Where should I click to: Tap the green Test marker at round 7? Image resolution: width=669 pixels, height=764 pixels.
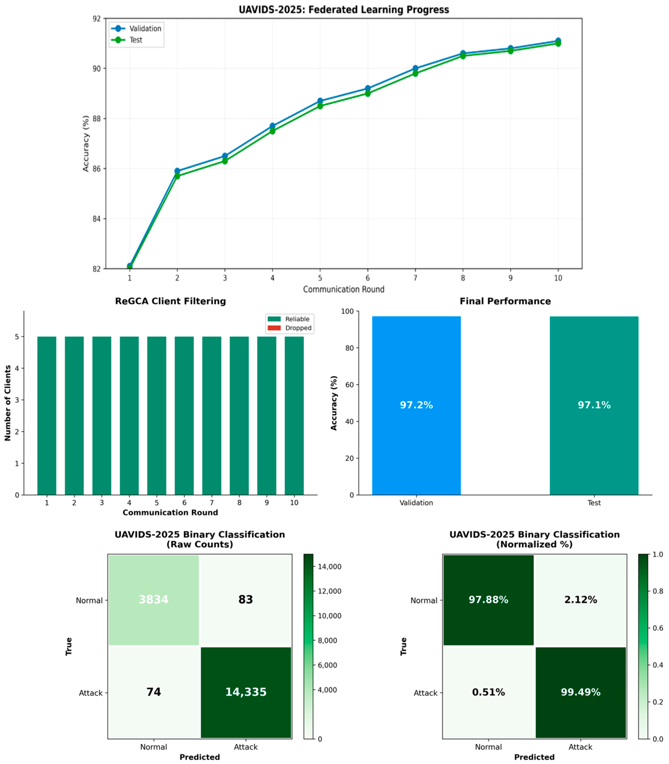coord(415,73)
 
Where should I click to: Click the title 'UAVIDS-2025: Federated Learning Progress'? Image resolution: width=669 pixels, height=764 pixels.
coord(344,10)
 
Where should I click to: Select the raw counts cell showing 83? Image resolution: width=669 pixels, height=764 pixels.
coord(246,600)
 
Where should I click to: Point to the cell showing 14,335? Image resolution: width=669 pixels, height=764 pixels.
coord(246,692)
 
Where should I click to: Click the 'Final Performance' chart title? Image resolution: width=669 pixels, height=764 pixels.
coord(505,301)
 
